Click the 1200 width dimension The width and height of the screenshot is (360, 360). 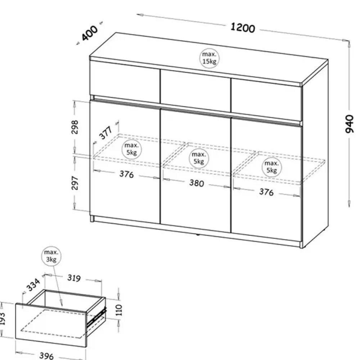(243, 27)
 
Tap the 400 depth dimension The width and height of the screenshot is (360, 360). (90, 33)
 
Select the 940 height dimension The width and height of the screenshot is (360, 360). (350, 124)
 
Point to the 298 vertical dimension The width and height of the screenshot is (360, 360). (75, 126)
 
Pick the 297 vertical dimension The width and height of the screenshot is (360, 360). (75, 183)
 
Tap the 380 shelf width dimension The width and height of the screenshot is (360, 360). (197, 183)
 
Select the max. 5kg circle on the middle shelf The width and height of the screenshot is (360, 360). (198, 158)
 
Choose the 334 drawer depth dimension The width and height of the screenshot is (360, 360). (33, 286)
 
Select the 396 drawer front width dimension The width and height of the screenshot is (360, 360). (46, 355)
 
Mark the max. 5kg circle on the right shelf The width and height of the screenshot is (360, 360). (272, 167)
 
